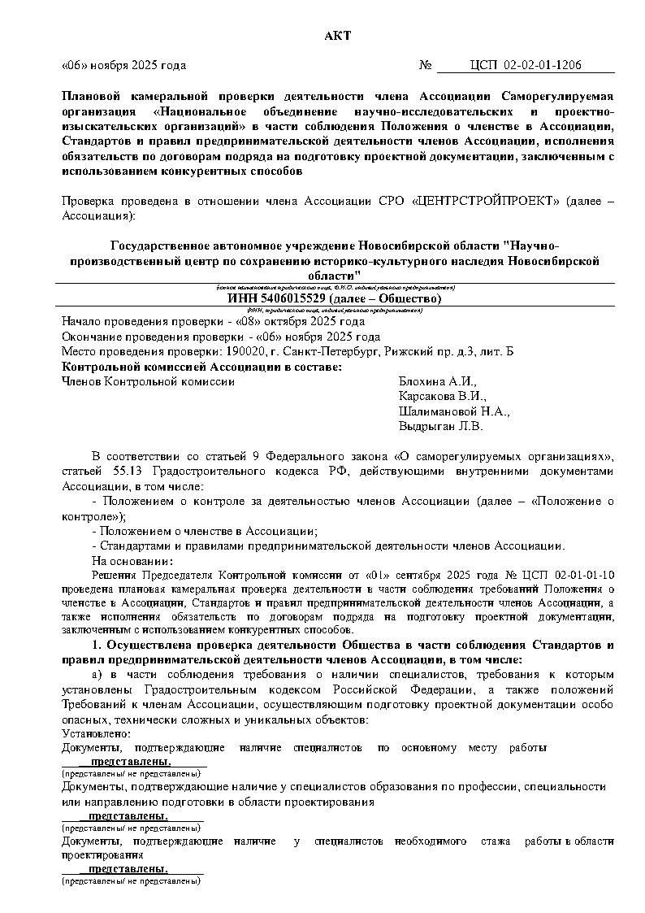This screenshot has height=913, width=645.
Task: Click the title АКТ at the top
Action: coord(334,35)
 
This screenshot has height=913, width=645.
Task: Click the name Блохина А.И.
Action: coord(438,382)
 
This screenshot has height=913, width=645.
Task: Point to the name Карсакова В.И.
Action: coord(442,397)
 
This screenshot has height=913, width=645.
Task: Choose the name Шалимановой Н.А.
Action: coord(453,411)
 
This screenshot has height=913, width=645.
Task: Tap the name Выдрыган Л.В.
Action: coord(440,426)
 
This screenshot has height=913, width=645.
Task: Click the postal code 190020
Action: coord(241,351)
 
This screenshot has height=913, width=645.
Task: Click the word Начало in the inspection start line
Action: coord(83,322)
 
